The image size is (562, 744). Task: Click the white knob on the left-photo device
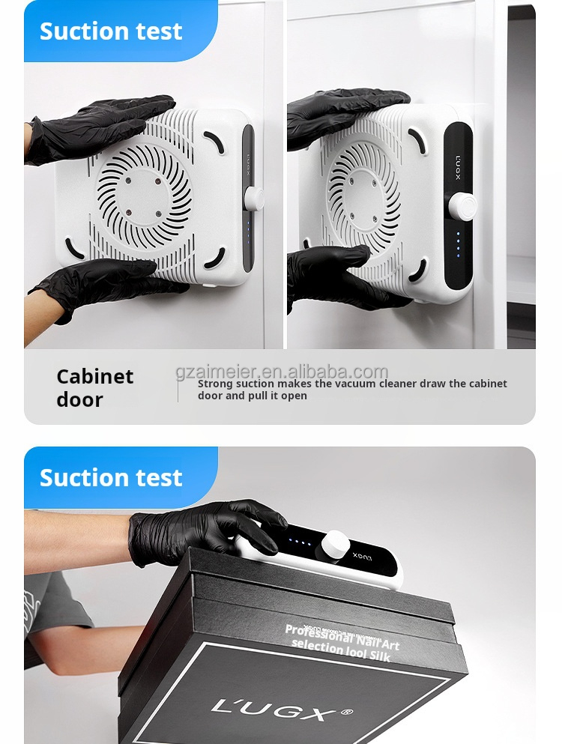(x=254, y=199)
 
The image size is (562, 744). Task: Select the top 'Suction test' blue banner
(x=111, y=31)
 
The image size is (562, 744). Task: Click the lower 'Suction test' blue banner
(x=111, y=477)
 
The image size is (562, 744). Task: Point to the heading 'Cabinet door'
(x=94, y=387)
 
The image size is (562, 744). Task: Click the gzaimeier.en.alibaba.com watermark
(x=282, y=372)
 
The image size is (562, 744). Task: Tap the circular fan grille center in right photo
(x=366, y=196)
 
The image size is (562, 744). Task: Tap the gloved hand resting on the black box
(x=202, y=528)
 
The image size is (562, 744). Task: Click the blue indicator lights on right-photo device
(x=459, y=244)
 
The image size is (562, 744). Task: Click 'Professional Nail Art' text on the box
(x=342, y=637)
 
